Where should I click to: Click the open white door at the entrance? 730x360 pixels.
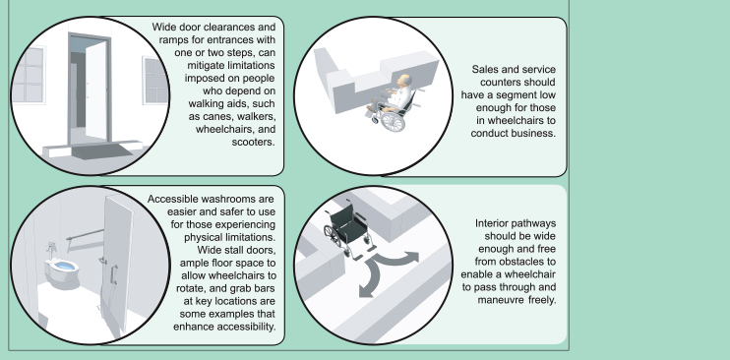[95, 90]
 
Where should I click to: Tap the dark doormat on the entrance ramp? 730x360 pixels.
[102, 151]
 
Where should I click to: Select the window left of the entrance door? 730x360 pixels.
[29, 75]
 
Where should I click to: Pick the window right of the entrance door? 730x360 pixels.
[155, 80]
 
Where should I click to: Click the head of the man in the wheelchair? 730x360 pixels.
[403, 81]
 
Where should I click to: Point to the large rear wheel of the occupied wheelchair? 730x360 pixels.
[393, 121]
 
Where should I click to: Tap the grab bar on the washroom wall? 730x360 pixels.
[85, 234]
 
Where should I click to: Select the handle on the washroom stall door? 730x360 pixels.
[114, 273]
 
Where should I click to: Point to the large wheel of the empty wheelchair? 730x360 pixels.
[333, 236]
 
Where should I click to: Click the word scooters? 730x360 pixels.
[253, 142]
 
